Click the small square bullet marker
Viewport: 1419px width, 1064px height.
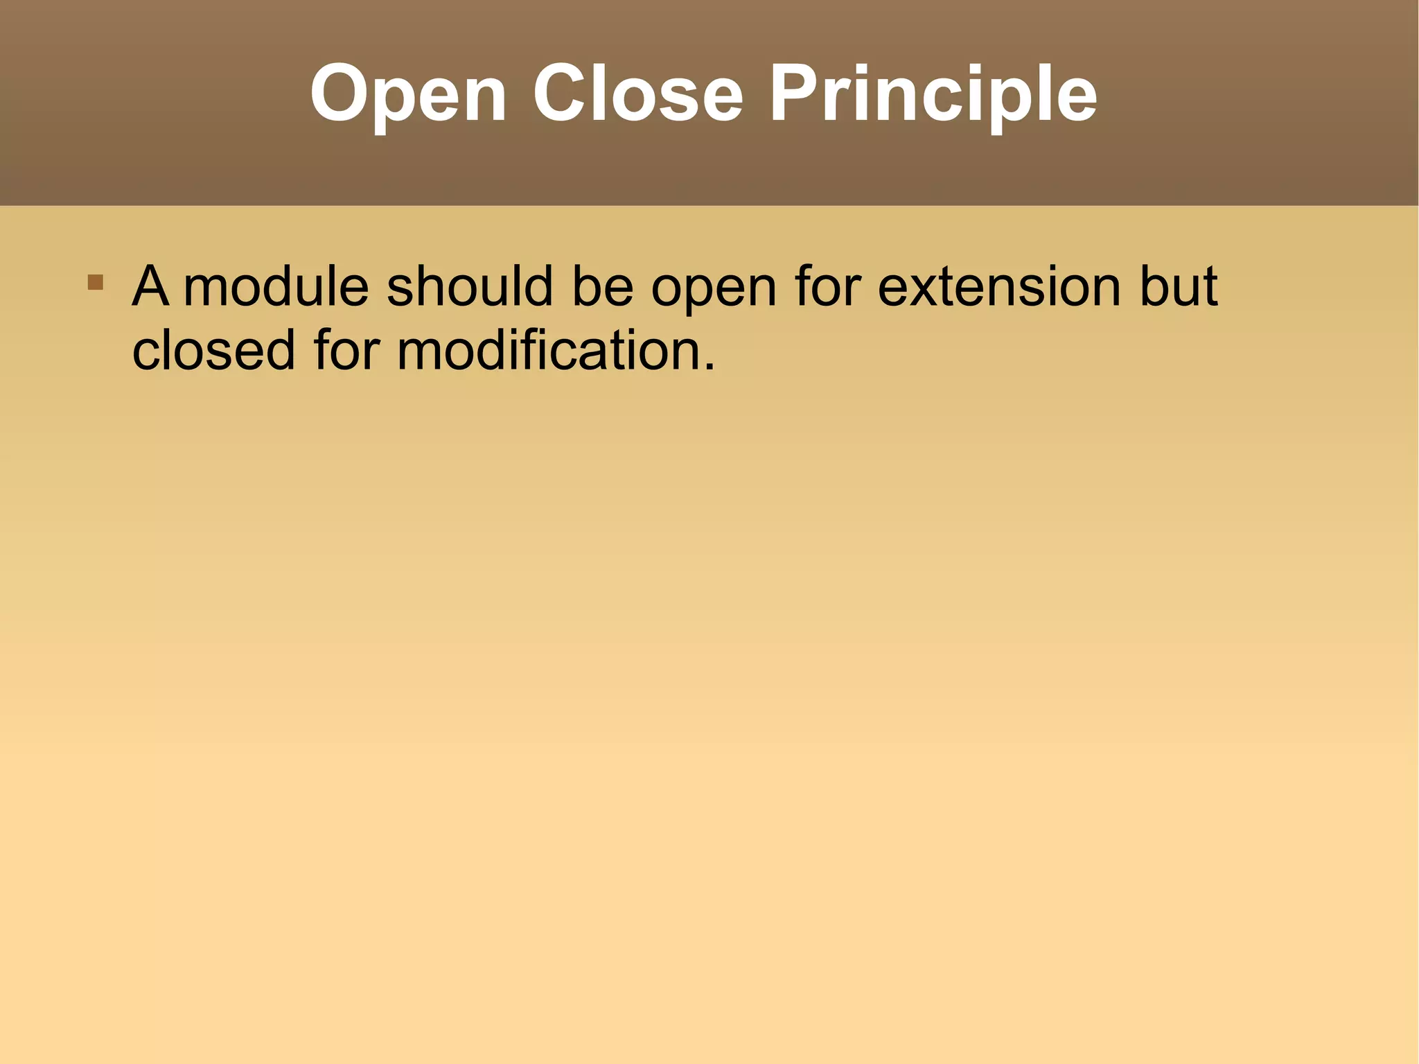point(96,282)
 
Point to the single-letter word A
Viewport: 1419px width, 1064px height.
point(150,286)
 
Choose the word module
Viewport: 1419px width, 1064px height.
point(276,286)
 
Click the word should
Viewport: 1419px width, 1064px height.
point(470,286)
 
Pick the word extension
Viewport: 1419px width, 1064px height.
point(999,286)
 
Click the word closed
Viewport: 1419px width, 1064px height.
point(213,350)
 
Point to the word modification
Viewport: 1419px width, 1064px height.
point(547,350)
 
